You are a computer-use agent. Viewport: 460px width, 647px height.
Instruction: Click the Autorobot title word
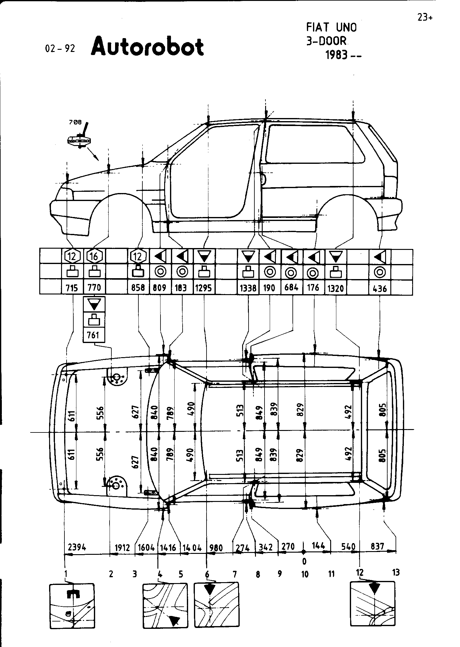[147, 47]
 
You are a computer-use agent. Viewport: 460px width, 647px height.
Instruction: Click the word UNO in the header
[347, 28]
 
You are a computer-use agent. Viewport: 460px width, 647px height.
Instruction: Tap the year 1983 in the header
[336, 55]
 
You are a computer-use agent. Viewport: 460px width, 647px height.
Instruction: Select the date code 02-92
[60, 49]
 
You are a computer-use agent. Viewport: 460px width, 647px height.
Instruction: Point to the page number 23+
[425, 18]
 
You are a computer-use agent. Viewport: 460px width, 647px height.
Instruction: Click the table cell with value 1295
[204, 288]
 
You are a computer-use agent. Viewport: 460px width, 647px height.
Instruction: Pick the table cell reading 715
[72, 288]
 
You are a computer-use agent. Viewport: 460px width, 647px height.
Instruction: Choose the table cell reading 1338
[248, 288]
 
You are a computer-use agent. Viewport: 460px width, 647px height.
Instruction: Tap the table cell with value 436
[380, 288]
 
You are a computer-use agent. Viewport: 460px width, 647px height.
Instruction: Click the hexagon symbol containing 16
[94, 256]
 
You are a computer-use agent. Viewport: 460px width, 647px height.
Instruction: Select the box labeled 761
[94, 335]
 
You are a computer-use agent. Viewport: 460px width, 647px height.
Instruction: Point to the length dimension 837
[377, 546]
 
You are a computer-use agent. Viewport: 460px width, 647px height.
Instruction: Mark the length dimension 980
[216, 547]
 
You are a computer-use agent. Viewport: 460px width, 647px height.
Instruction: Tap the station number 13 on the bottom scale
[396, 572]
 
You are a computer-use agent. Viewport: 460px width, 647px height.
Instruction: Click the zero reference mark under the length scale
[304, 561]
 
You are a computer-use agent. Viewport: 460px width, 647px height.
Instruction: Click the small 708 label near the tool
[75, 122]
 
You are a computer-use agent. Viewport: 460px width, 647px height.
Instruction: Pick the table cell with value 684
[292, 288]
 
